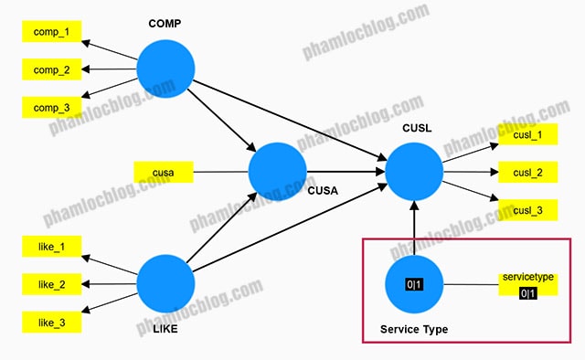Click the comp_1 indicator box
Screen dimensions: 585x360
pyautogui.click(x=51, y=31)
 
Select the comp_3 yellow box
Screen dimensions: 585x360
pyautogui.click(x=51, y=108)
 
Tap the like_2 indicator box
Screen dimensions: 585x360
pyautogui.click(x=51, y=284)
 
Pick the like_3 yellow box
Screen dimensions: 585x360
pyautogui.click(x=51, y=322)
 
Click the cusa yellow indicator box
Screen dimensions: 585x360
pyautogui.click(x=164, y=172)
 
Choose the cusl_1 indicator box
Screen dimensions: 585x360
pyautogui.click(x=528, y=134)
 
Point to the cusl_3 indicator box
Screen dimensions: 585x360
pyautogui.click(x=528, y=210)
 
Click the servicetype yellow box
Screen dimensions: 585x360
pyautogui.click(x=528, y=285)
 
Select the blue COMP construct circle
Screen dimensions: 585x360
pyautogui.click(x=165, y=69)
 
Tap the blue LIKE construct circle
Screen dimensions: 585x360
pyautogui.click(x=165, y=284)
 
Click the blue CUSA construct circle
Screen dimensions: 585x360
pyautogui.click(x=278, y=172)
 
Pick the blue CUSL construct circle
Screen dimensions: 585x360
pyautogui.click(x=414, y=172)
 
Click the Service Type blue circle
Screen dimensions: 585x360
pyautogui.click(x=414, y=284)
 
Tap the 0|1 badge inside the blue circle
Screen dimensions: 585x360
pyautogui.click(x=414, y=285)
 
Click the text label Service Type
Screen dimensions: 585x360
pyautogui.click(x=414, y=330)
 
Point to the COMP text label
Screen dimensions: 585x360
pyautogui.click(x=165, y=24)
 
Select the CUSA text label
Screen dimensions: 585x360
pyautogui.click(x=323, y=191)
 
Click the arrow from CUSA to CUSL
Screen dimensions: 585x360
pyautogui.click(x=346, y=172)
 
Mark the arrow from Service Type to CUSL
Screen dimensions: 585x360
pyautogui.click(x=414, y=228)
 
